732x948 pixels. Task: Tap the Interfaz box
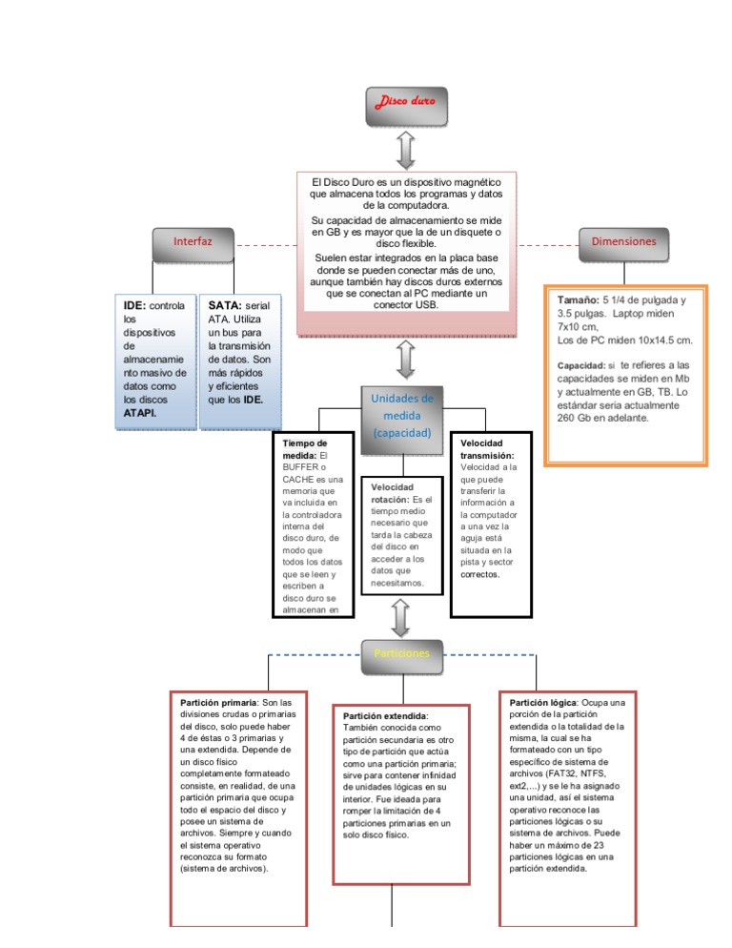point(192,244)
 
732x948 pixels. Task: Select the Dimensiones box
point(622,243)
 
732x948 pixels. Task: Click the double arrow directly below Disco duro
point(405,150)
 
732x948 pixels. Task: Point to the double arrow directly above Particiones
point(400,617)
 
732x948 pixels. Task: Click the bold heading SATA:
point(225,305)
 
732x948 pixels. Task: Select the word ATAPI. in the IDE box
point(140,414)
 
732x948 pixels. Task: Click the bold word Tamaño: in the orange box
point(578,299)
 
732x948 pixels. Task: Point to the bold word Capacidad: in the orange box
point(581,365)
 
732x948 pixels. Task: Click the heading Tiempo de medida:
point(305,449)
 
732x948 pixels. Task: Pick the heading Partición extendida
point(385,715)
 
